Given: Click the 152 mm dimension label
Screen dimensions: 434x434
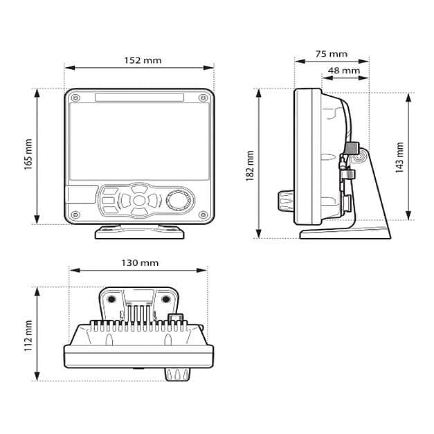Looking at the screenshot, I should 143,60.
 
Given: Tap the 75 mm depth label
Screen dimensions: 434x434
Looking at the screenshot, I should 331,53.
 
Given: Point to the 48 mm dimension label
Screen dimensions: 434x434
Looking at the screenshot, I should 343,70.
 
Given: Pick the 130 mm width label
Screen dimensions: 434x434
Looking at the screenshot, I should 140,263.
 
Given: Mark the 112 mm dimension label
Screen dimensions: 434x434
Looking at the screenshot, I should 28,334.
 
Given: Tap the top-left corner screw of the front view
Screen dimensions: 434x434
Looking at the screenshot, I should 75,98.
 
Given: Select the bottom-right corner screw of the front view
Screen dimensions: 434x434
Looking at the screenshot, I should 202,214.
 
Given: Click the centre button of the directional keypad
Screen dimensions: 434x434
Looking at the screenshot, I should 139,201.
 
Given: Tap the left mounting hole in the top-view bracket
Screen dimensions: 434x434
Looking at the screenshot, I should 111,299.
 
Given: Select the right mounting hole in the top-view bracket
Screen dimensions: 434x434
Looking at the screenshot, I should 166,299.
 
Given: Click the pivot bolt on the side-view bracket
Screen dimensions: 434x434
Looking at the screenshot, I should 358,158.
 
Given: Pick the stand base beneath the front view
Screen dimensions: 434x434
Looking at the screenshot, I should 139,232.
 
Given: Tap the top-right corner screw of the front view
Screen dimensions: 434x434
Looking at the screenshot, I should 204,98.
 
